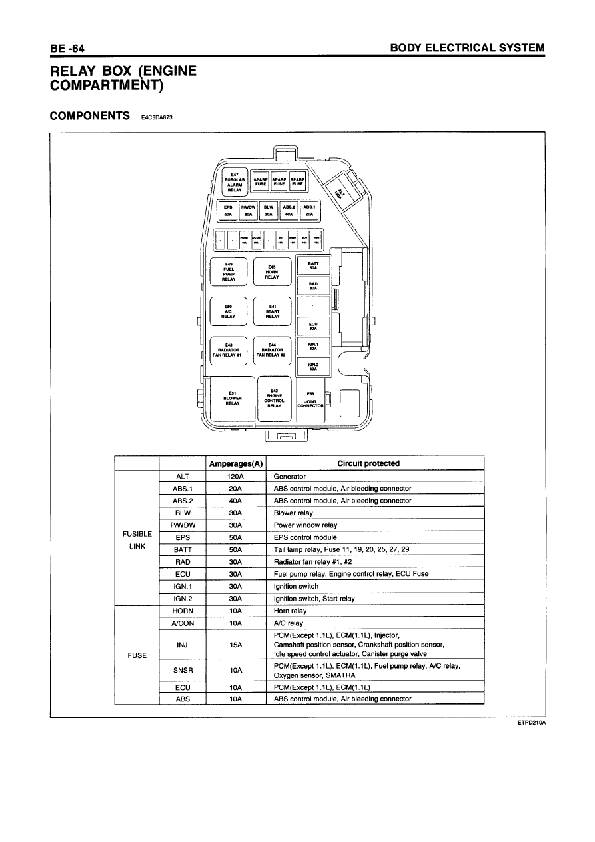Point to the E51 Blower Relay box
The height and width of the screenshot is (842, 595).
(233, 399)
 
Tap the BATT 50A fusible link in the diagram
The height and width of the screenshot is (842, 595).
(313, 266)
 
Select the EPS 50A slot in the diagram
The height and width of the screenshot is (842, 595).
(228, 211)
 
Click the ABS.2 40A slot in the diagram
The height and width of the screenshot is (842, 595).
(289, 211)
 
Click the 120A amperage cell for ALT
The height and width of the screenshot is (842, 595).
(235, 477)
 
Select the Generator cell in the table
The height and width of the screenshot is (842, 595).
(290, 477)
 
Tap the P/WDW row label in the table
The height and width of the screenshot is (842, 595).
(182, 525)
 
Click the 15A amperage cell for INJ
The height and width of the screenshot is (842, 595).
(235, 645)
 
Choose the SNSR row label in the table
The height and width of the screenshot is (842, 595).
(182, 670)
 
